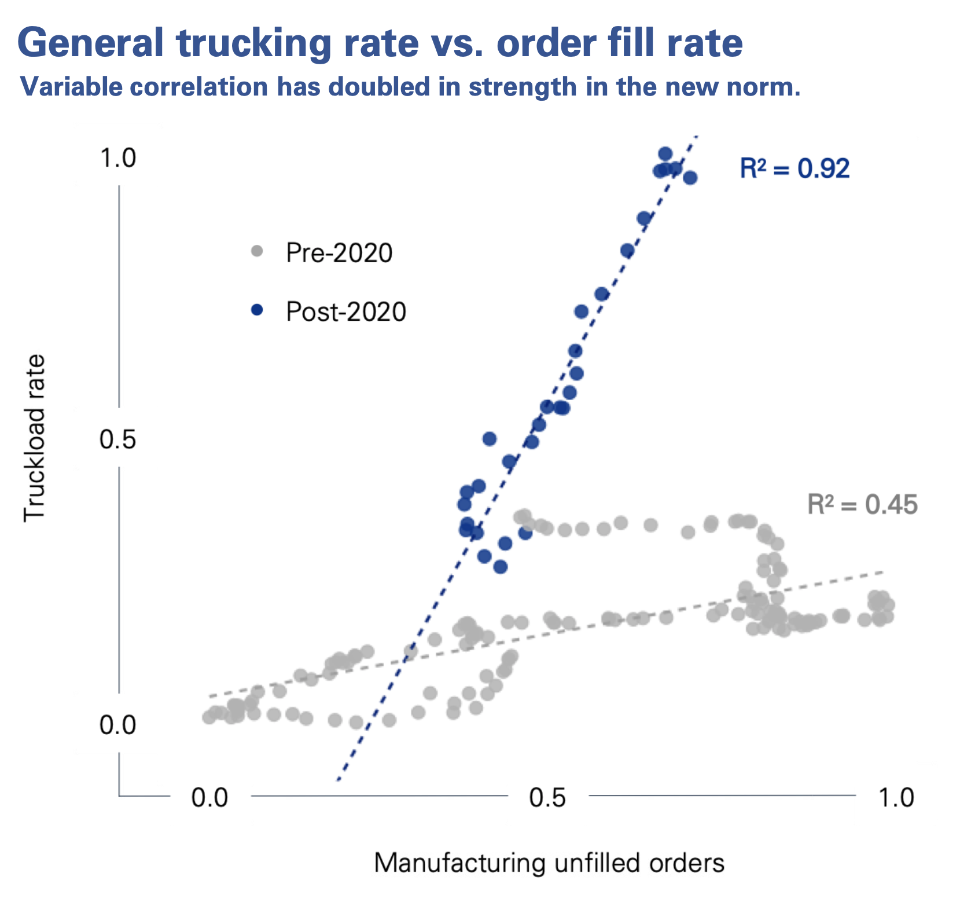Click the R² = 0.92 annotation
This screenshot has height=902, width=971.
pos(795,168)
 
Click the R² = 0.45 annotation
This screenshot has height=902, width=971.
pos(862,504)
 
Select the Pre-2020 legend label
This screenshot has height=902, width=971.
pos(339,253)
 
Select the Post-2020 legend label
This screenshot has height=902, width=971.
pos(346,312)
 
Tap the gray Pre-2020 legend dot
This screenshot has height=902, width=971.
pos(257,251)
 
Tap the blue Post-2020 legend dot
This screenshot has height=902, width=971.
pos(257,310)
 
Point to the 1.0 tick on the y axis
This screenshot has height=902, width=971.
pos(118,157)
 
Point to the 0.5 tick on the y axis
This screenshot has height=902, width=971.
pos(117,439)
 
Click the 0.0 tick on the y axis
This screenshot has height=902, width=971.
pos(117,725)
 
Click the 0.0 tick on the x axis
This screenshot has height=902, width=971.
pos(210,798)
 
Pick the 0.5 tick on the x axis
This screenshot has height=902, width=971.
pos(547,798)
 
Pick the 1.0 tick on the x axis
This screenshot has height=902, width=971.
pos(896,798)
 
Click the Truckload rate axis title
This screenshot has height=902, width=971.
pos(35,438)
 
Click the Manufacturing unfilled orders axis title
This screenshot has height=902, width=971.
pos(549,863)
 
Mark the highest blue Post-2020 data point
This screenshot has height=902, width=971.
pos(665,154)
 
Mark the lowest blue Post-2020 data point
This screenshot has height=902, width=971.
pos(501,567)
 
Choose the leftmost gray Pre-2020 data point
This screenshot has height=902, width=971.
pos(209,717)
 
